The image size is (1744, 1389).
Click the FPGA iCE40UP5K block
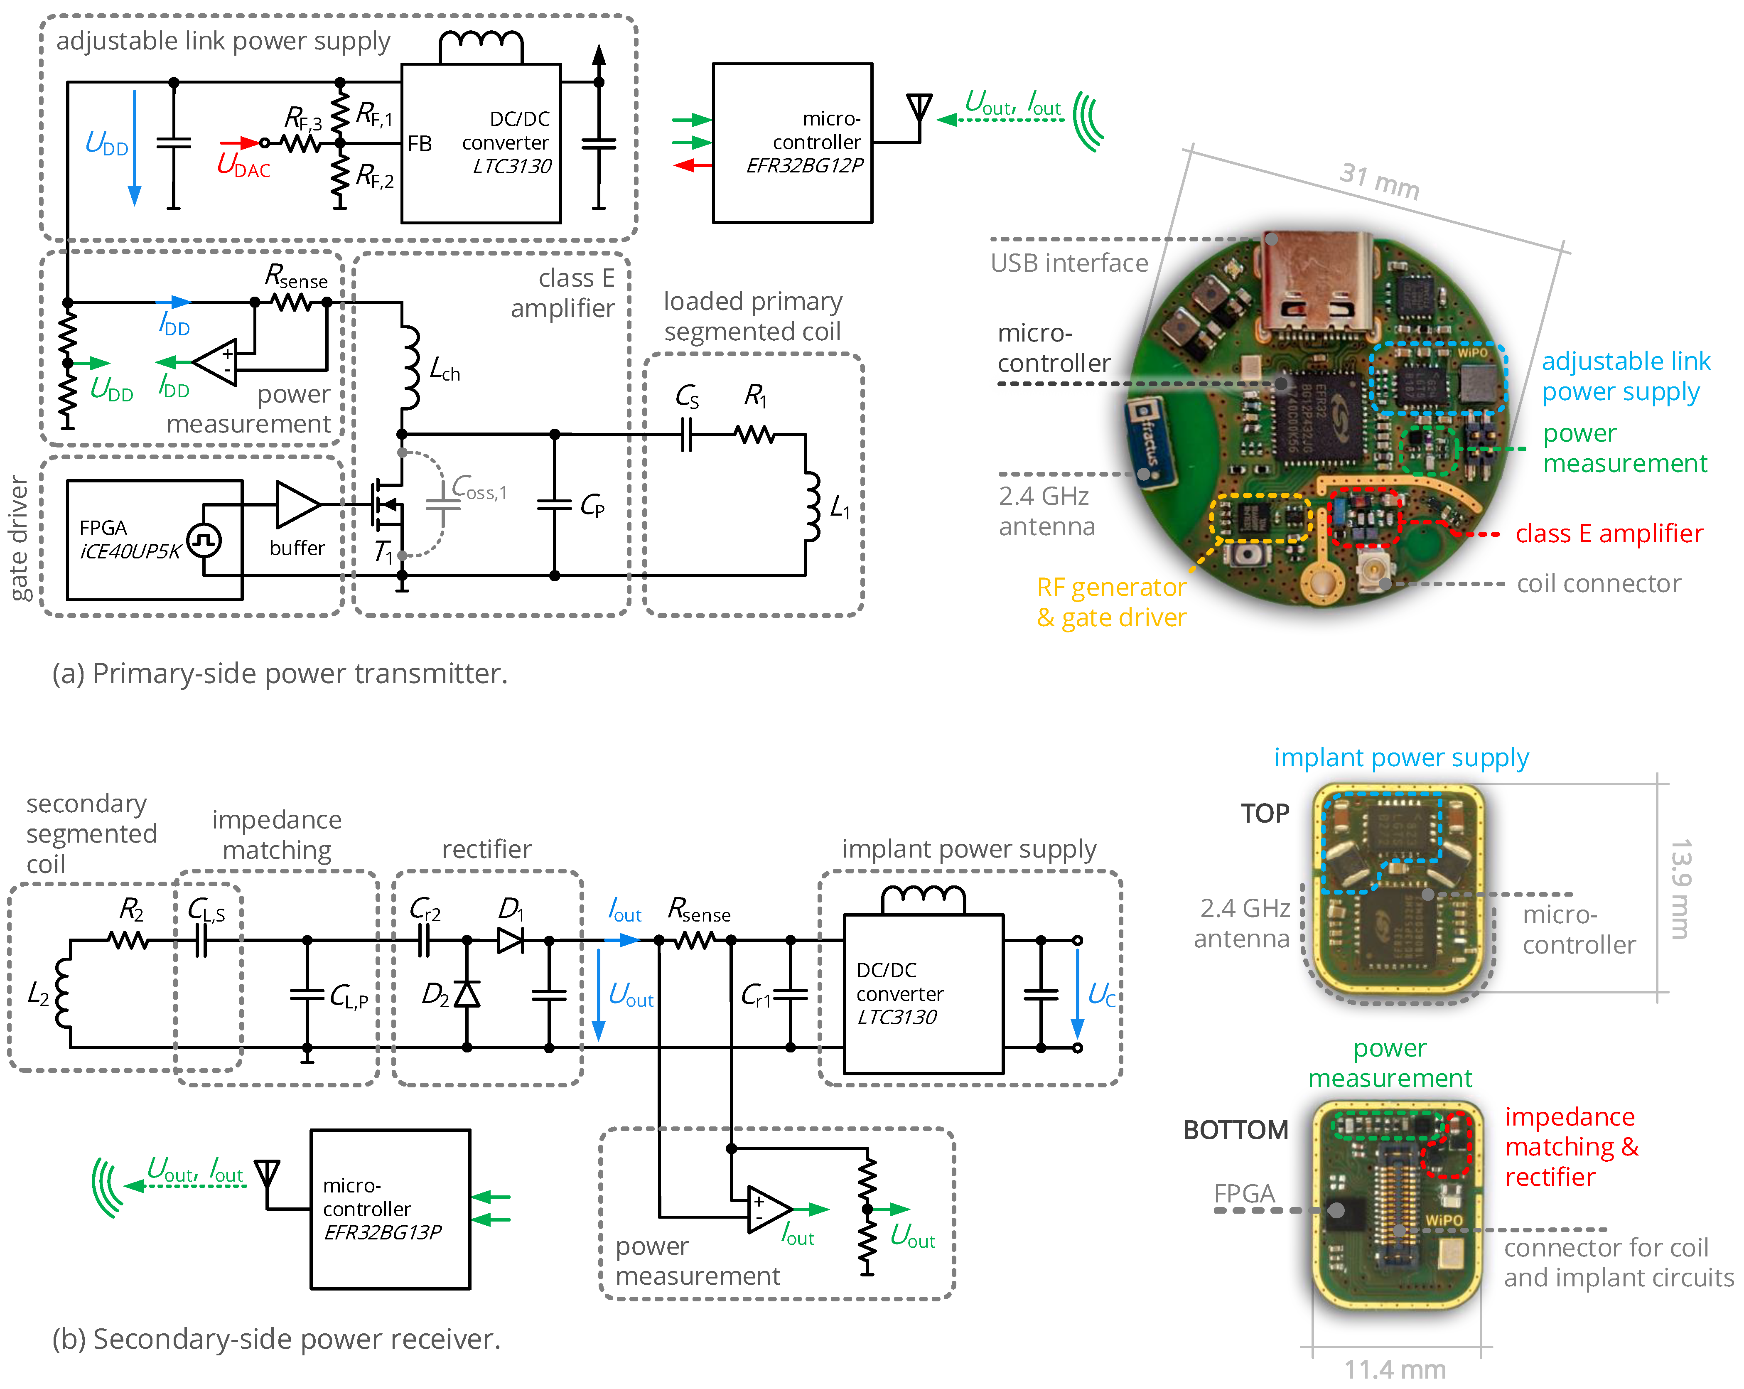coord(154,540)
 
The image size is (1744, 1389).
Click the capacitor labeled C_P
coord(555,505)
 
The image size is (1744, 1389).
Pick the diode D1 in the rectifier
coord(511,940)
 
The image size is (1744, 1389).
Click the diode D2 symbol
coord(467,993)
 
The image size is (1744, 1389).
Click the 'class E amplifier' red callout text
coord(1608,534)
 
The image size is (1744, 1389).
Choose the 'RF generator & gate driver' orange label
coord(1111,602)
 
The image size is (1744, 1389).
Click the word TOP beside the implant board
coord(1264,813)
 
